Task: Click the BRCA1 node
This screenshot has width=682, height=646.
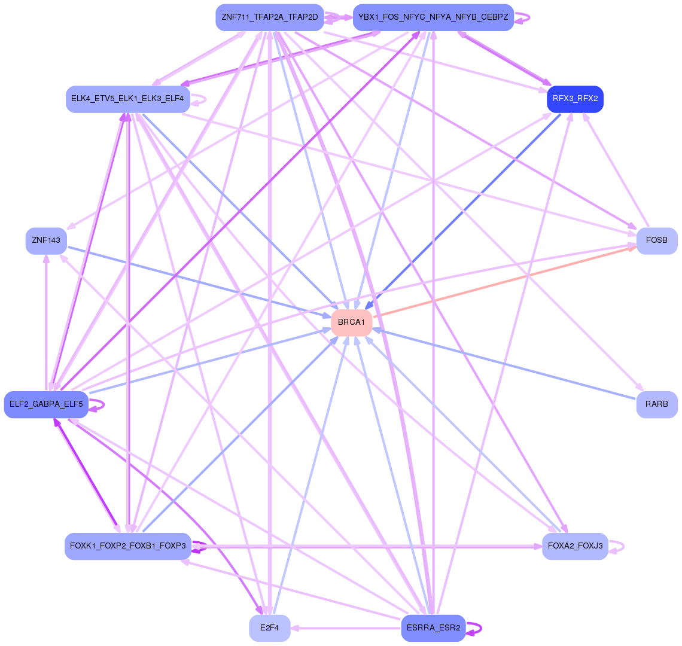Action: click(x=352, y=322)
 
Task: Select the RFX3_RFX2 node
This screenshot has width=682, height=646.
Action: click(x=575, y=99)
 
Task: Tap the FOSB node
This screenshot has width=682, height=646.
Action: click(x=656, y=240)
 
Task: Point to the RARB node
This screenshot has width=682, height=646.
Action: click(x=656, y=404)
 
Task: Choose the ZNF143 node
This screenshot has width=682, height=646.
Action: click(x=46, y=240)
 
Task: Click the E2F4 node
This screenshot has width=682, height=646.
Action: click(x=269, y=628)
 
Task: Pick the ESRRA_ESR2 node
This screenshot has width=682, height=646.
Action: click(x=433, y=628)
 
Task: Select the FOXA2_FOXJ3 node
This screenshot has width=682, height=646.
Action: click(x=575, y=546)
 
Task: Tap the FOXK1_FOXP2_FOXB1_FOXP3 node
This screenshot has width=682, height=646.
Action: click(x=127, y=546)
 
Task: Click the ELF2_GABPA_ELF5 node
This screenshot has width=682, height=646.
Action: click(x=46, y=404)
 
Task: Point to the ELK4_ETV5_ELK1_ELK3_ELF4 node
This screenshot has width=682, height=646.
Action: click(x=127, y=99)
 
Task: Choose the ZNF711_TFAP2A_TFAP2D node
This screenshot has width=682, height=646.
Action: click(x=269, y=17)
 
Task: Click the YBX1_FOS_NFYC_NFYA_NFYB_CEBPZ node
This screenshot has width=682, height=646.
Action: click(x=433, y=17)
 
